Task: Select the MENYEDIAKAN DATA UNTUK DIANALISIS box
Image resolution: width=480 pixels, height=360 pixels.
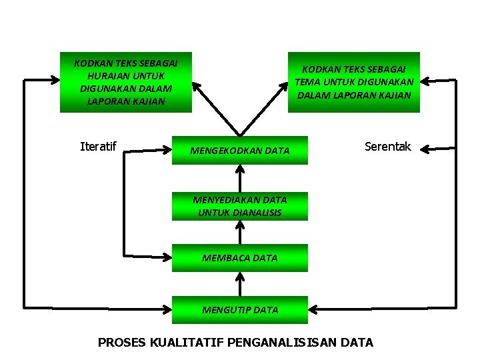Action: (x=240, y=206)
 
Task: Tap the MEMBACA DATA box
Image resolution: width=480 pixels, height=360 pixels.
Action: (x=240, y=257)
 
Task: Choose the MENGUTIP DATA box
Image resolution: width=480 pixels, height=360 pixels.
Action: (x=240, y=309)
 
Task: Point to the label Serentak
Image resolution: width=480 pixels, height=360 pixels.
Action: (x=387, y=147)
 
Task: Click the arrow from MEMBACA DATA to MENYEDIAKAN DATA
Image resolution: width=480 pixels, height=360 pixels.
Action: (x=240, y=232)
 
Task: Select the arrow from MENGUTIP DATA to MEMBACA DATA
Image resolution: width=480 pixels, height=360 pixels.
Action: (x=240, y=283)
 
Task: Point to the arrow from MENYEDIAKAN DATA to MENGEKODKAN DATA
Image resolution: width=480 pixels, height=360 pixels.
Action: (x=240, y=179)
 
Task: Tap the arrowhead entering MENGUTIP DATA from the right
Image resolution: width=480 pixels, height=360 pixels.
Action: (x=315, y=309)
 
